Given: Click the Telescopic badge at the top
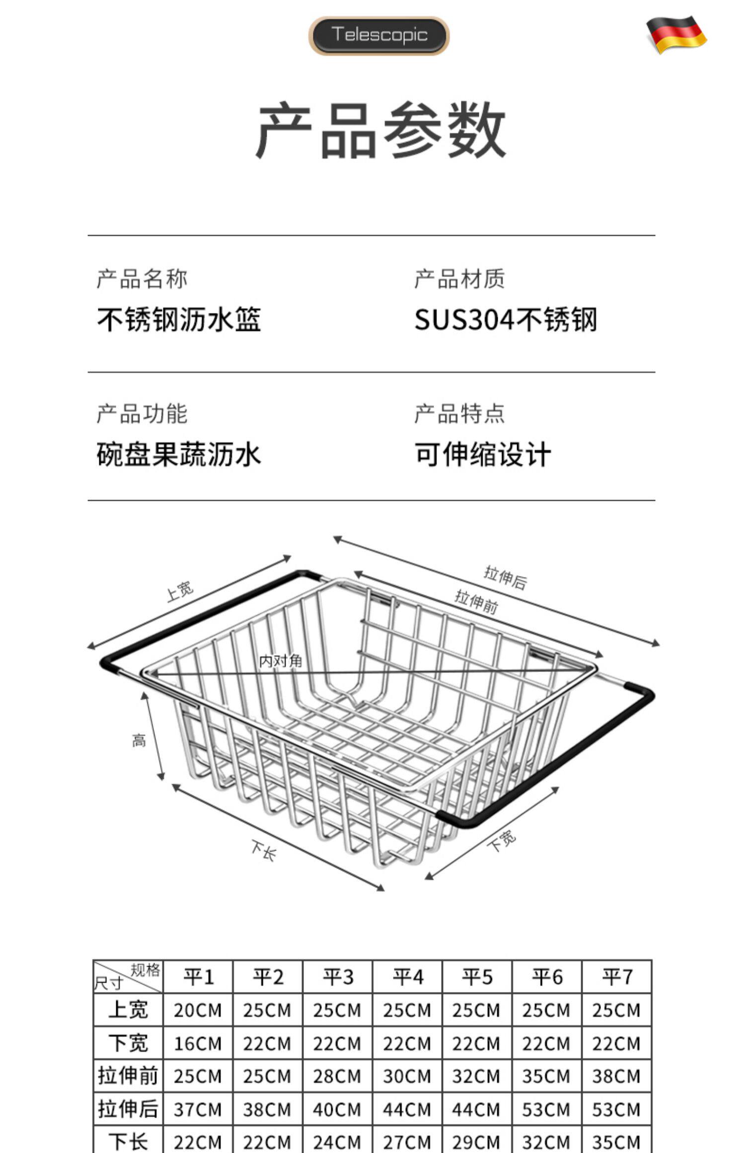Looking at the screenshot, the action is click(x=379, y=35).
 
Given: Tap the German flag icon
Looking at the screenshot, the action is click(x=676, y=34).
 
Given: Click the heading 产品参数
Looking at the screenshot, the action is click(x=380, y=130).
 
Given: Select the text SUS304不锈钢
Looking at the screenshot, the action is click(x=506, y=319).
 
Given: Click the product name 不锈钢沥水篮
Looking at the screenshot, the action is click(x=179, y=319).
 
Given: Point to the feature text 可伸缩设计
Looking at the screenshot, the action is click(x=483, y=454).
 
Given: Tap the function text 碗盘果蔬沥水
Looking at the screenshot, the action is click(x=179, y=454).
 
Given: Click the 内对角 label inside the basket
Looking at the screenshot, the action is click(x=281, y=661).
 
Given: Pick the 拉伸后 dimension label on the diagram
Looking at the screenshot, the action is click(x=505, y=577).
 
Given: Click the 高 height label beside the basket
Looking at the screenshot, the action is click(x=139, y=741).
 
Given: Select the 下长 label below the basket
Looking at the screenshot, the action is click(x=263, y=850).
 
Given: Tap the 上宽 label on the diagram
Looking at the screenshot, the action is click(x=179, y=591).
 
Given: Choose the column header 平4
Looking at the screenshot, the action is click(x=408, y=977).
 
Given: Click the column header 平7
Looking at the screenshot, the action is click(x=617, y=977).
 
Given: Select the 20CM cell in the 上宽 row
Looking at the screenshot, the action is click(x=198, y=1010).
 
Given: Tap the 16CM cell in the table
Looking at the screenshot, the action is click(x=198, y=1043).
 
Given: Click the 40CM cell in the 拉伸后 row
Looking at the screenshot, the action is click(x=337, y=1109).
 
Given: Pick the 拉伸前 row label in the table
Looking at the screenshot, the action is click(x=128, y=1076).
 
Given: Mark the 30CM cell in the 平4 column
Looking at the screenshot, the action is click(x=407, y=1076).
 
